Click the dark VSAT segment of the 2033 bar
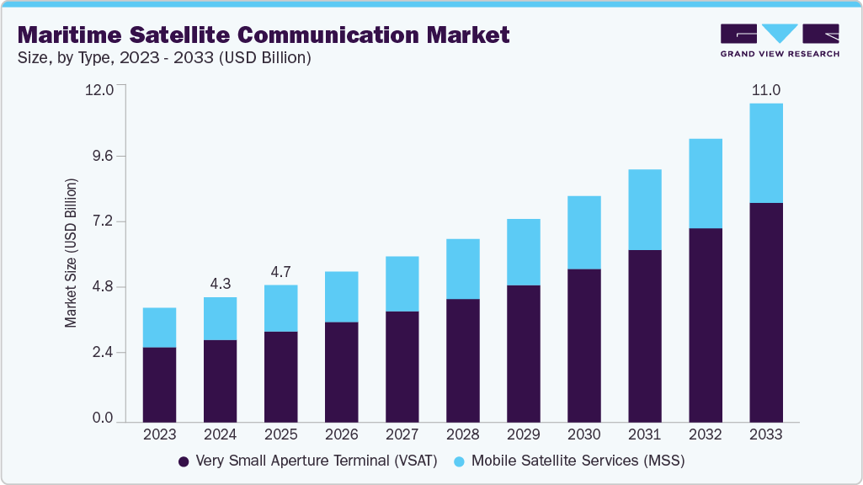tap(765, 312)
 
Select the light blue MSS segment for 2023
tap(159, 328)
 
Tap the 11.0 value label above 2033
tap(765, 90)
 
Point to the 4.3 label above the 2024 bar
tap(220, 284)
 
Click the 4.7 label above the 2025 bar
tap(280, 272)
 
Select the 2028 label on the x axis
tap(462, 434)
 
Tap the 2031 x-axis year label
tap(644, 434)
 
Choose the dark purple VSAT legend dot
tap(183, 461)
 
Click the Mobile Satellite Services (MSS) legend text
tap(578, 461)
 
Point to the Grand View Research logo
tap(779, 40)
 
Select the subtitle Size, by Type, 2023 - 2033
tap(164, 58)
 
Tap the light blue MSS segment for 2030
tap(583, 232)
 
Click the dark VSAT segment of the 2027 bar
tap(402, 366)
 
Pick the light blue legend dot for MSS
tap(459, 461)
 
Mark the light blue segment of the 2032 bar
tap(705, 184)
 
